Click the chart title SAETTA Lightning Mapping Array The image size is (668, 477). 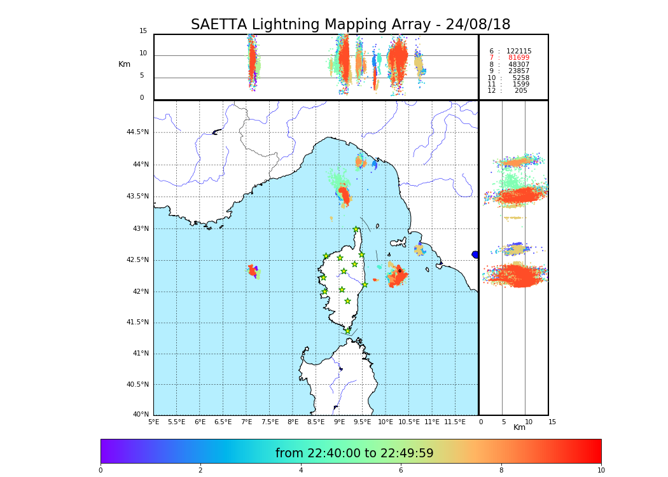[351, 25]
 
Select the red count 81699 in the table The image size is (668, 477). [518, 58]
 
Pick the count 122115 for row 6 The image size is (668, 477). [518, 52]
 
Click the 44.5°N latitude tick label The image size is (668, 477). [137, 132]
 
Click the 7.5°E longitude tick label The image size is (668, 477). [270, 422]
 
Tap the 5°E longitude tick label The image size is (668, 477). [154, 422]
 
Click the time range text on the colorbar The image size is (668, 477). [354, 453]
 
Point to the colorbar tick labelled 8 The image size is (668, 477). [501, 471]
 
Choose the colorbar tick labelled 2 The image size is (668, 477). [200, 471]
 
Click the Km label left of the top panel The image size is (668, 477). [124, 64]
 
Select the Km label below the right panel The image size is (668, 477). [520, 427]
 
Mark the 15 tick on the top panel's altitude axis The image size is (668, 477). [143, 31]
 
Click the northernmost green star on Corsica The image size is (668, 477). [356, 230]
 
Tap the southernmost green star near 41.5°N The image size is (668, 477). [347, 331]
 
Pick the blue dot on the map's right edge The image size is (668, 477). [475, 254]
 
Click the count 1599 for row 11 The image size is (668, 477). [520, 85]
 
